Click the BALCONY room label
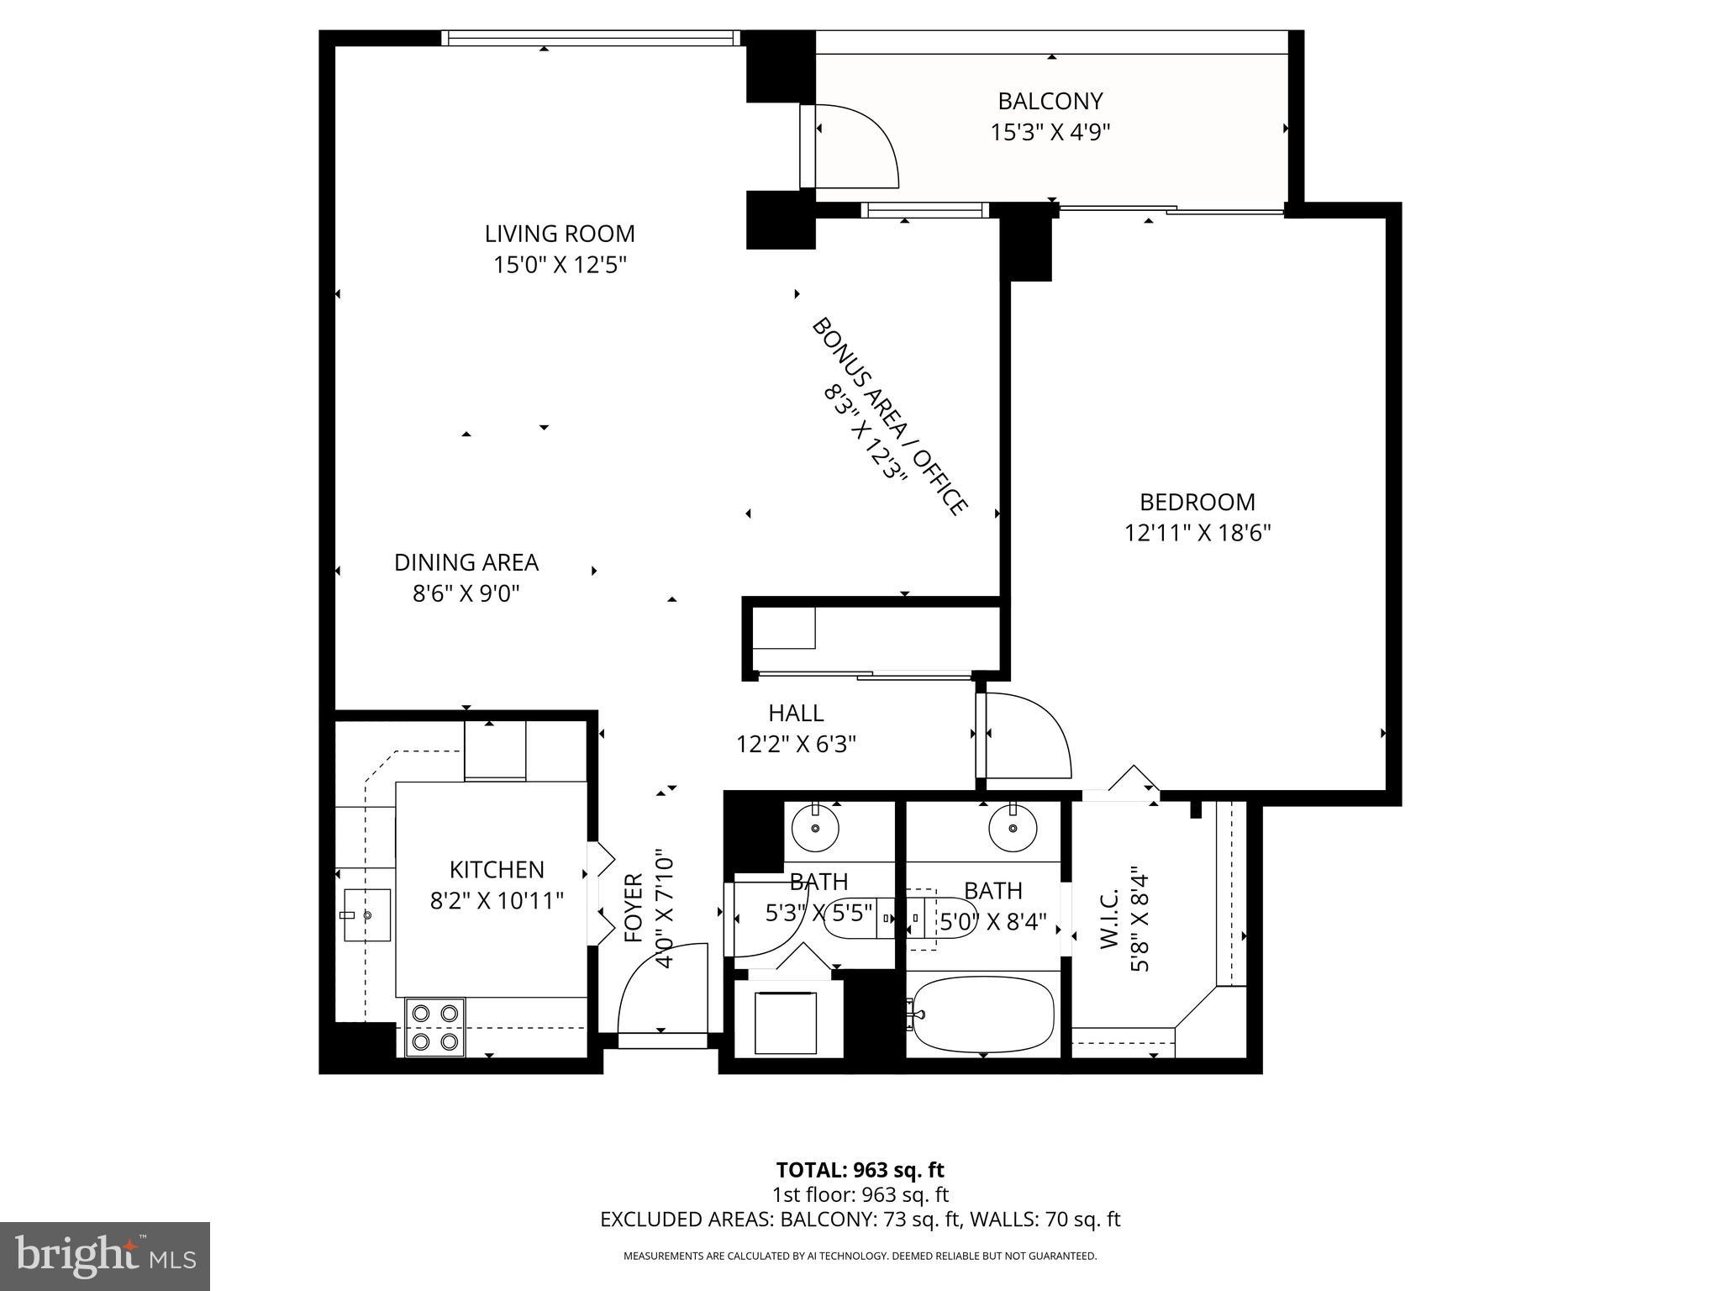[x=1050, y=102]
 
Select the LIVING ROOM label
[x=560, y=234]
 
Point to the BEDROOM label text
[x=1197, y=503]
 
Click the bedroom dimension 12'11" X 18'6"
[x=1197, y=534]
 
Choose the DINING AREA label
[x=466, y=562]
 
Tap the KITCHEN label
[x=497, y=869]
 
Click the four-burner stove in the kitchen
[x=434, y=1027]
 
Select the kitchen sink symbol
[x=366, y=914]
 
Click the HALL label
[x=796, y=714]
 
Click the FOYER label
[x=634, y=908]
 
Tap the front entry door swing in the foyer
[x=660, y=988]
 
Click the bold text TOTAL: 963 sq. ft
[x=860, y=1170]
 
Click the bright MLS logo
[x=105, y=1256]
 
